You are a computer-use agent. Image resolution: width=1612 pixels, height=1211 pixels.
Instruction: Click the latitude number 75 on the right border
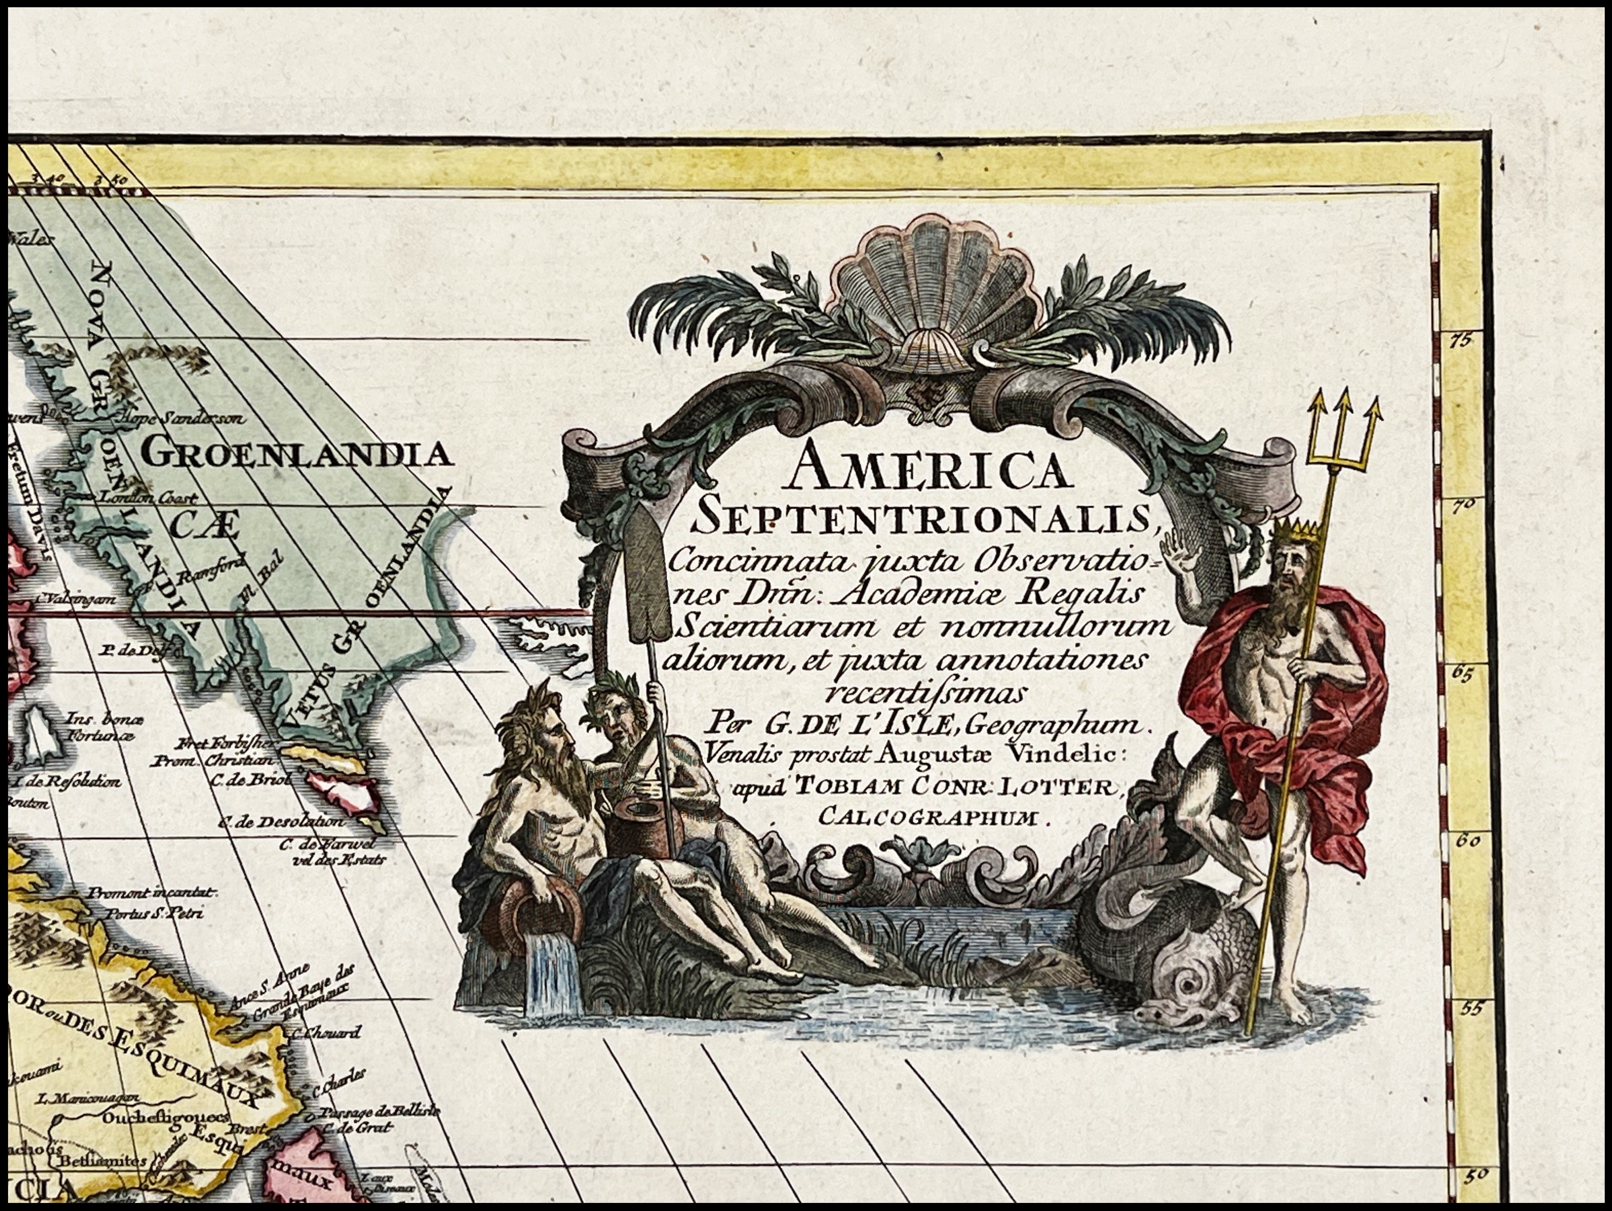click(1460, 340)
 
